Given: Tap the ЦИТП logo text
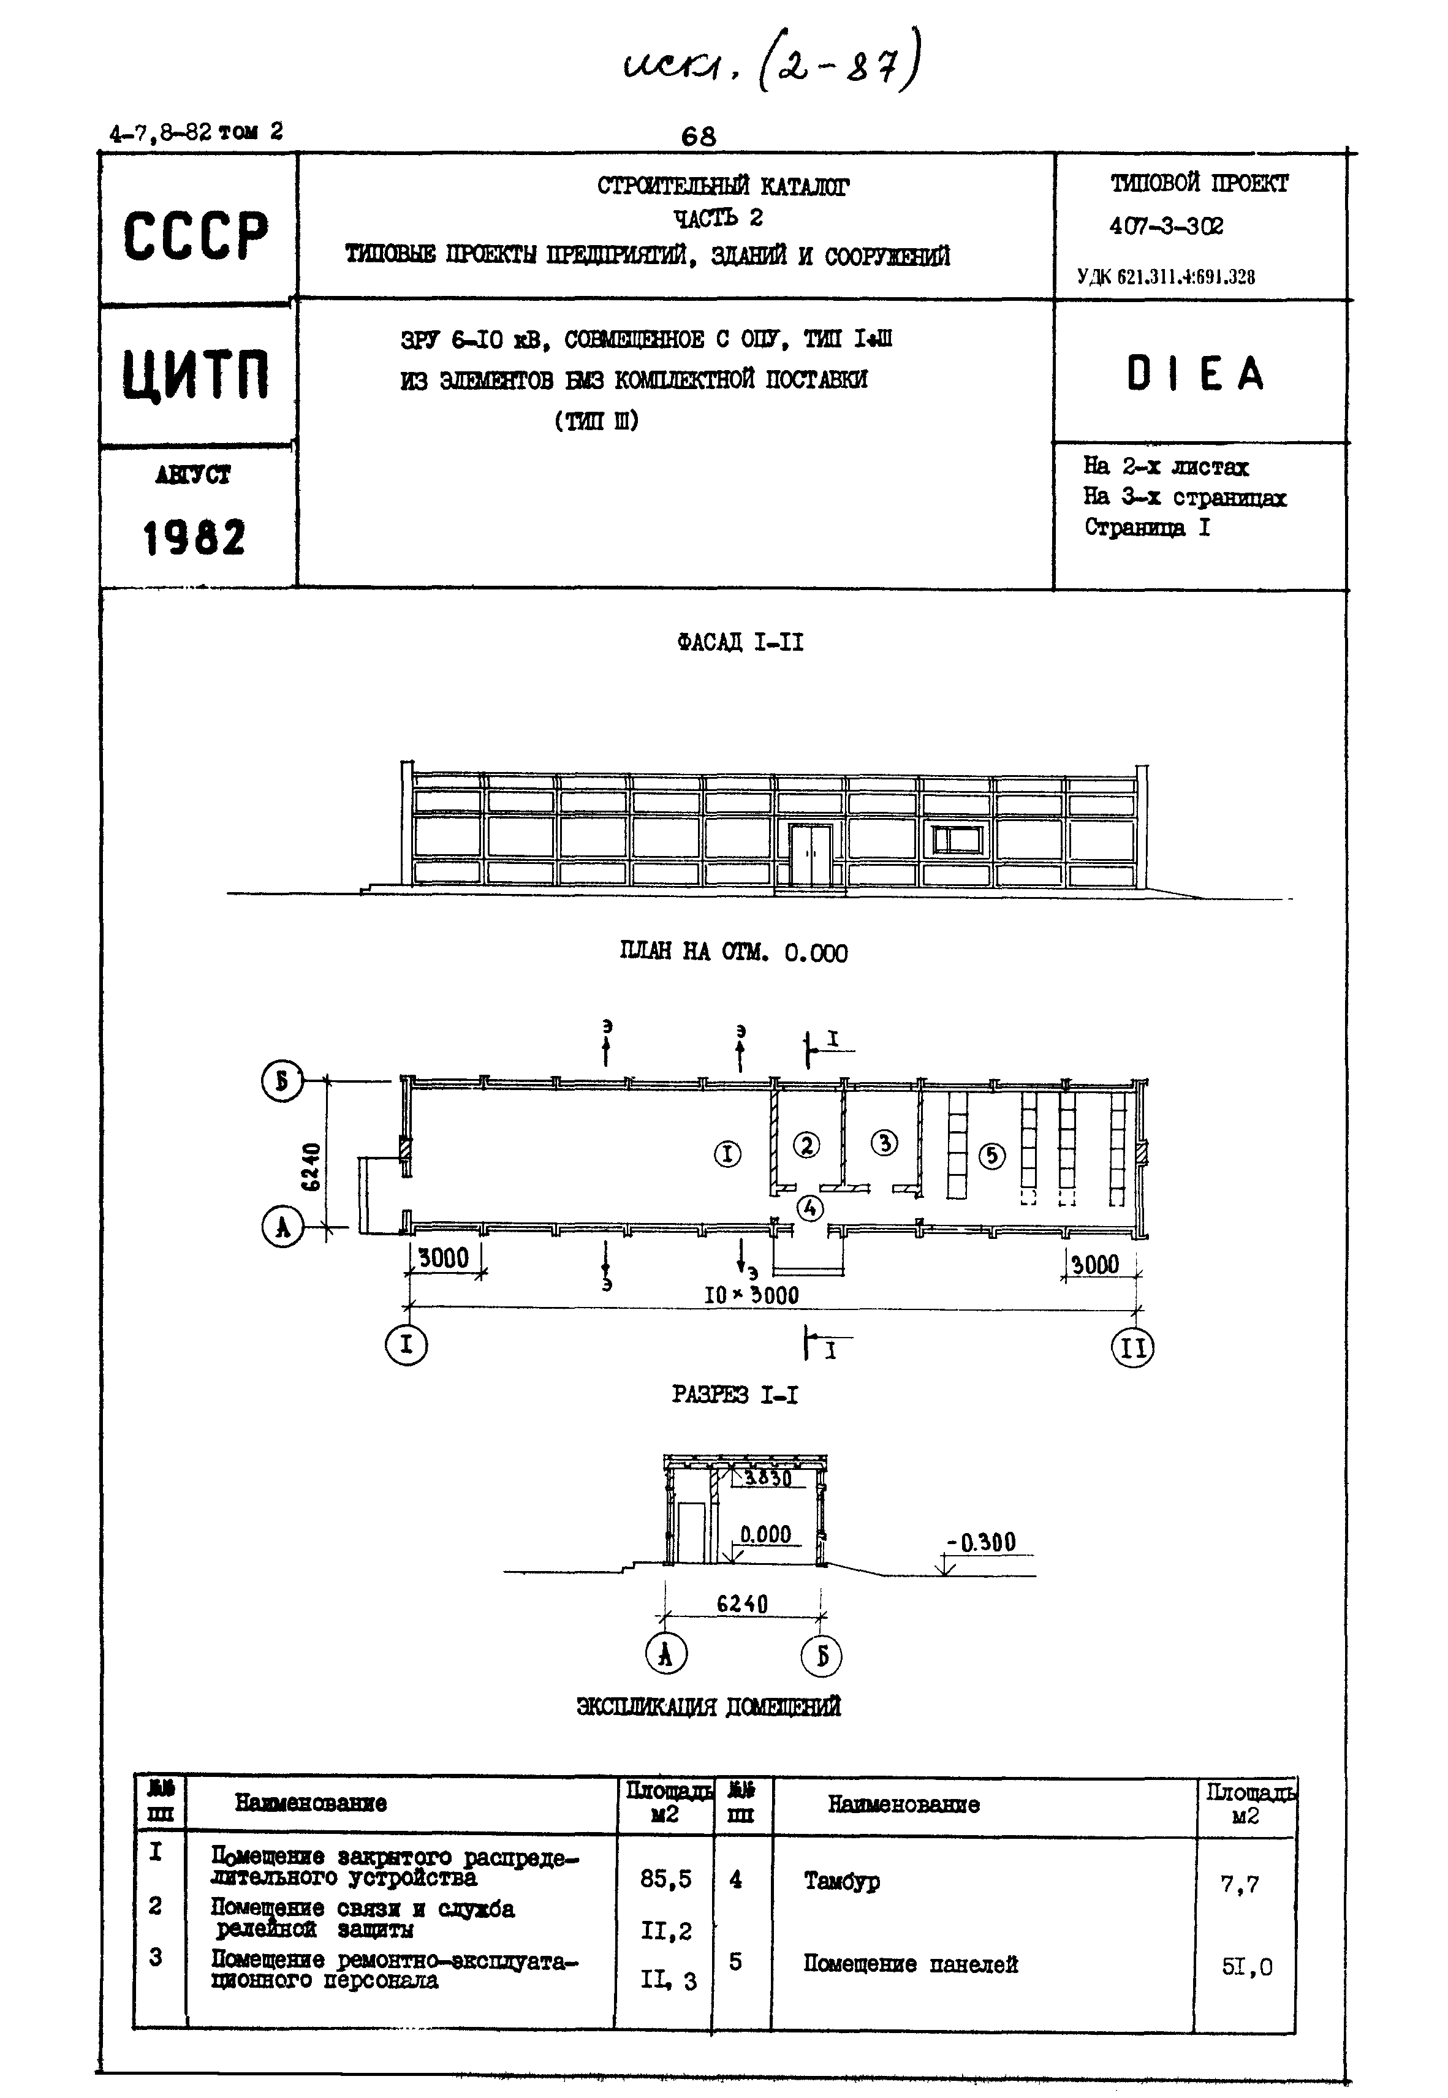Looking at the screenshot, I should click(196, 376).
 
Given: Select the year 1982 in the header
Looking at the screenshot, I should click(194, 539).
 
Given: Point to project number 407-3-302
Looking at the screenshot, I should click(1166, 226).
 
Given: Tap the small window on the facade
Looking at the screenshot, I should click(958, 840).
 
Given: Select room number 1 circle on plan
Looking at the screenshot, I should click(727, 1154).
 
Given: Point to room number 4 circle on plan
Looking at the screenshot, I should click(810, 1207).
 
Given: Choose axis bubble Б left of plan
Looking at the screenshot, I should click(281, 1081).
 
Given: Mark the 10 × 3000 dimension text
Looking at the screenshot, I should click(751, 1295).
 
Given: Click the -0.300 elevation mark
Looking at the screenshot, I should click(982, 1542).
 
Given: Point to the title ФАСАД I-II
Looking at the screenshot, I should click(740, 642).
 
